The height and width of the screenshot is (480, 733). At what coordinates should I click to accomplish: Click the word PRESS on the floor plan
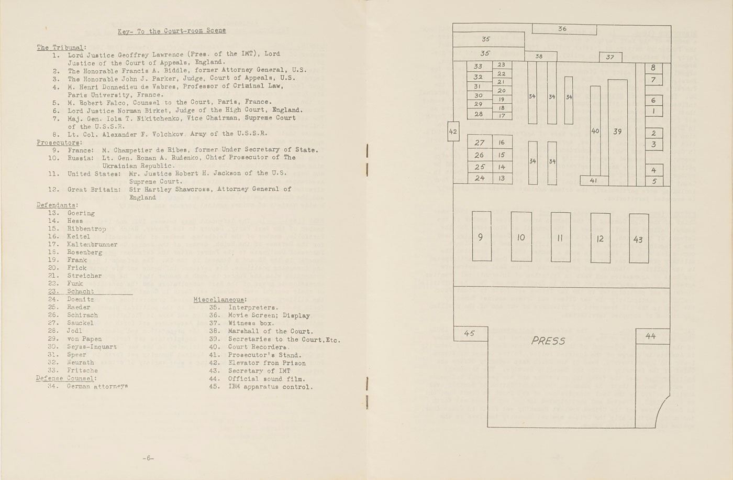[548, 341]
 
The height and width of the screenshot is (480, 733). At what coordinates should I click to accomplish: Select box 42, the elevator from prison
[453, 132]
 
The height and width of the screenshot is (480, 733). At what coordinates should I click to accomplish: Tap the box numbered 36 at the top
[562, 29]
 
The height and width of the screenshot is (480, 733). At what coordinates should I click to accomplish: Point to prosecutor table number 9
[481, 237]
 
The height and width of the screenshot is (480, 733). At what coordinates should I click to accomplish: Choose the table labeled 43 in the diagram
[638, 239]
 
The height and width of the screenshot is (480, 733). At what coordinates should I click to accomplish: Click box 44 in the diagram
[651, 336]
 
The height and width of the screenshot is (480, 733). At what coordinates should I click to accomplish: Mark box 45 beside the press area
[469, 333]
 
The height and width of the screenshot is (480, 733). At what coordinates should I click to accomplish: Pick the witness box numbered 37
[610, 57]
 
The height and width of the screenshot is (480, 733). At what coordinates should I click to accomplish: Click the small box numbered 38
[539, 57]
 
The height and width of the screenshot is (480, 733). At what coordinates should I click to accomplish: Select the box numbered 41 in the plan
[593, 180]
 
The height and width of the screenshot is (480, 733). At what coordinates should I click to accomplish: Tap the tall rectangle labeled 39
[617, 131]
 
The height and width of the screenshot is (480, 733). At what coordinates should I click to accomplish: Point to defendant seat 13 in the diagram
[502, 178]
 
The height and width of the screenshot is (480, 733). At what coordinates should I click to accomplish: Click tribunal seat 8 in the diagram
[653, 68]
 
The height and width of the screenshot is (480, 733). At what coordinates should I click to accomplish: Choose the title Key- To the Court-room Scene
[172, 31]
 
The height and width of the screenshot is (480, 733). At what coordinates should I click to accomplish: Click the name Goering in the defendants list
[81, 213]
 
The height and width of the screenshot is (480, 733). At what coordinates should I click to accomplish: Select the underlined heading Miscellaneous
[220, 300]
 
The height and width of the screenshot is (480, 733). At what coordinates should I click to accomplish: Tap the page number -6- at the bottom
[148, 459]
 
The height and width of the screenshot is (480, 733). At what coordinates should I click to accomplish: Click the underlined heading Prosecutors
[59, 143]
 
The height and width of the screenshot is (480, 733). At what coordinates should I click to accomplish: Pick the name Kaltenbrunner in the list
[92, 245]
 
